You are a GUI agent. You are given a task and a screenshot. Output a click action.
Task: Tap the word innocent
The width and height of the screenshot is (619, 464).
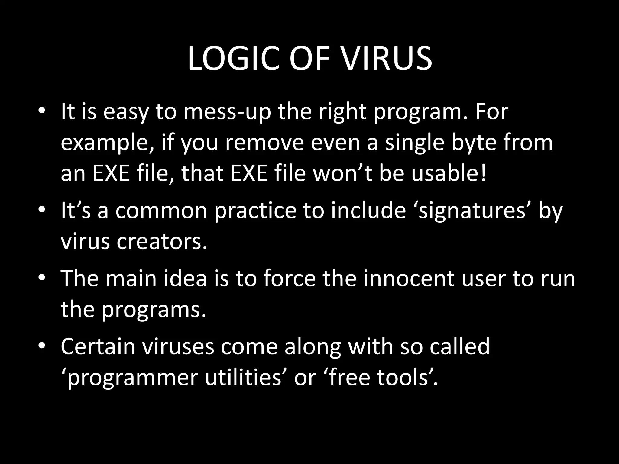point(409,278)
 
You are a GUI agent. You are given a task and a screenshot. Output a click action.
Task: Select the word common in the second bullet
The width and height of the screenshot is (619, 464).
point(161,211)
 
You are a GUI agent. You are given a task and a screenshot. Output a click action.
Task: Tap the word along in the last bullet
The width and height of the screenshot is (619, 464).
point(313,346)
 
